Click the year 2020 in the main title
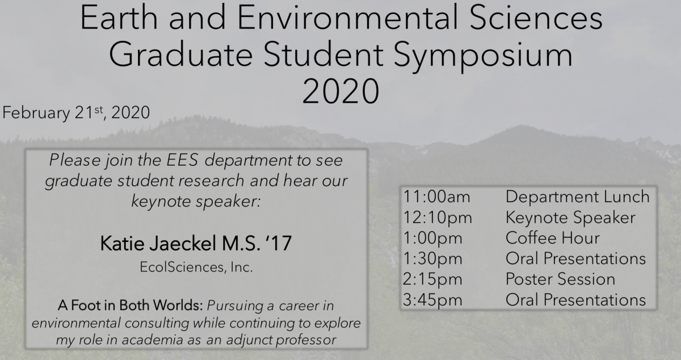(x=340, y=91)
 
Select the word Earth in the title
(x=119, y=18)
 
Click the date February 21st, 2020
(x=76, y=112)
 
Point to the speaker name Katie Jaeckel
(x=158, y=244)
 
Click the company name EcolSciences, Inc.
(x=196, y=267)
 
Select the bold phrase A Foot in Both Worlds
(x=130, y=305)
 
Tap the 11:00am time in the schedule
(x=436, y=196)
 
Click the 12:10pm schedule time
(x=438, y=218)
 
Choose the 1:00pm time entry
(x=432, y=238)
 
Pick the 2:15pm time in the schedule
(x=432, y=279)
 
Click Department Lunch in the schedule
(x=578, y=197)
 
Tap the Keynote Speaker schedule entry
(x=570, y=218)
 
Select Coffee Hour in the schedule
(x=553, y=238)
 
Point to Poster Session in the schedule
(x=560, y=279)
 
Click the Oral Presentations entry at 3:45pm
(x=575, y=300)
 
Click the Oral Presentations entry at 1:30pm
(x=575, y=259)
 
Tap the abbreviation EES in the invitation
(x=182, y=160)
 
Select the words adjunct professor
(x=281, y=340)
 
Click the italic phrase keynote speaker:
(x=196, y=202)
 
